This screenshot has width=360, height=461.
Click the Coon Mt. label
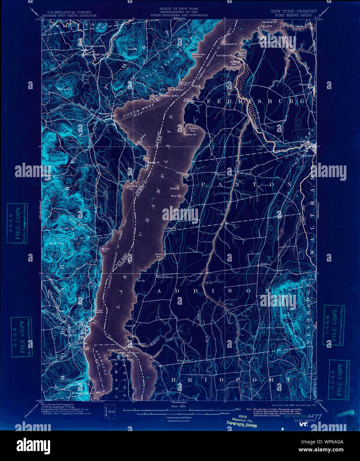coord(129,49)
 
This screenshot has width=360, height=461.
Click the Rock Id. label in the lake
coord(175,188)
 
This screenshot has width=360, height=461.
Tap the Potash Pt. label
coord(170,229)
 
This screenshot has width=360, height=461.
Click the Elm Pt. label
coord(141,280)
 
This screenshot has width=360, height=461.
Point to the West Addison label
coord(165,277)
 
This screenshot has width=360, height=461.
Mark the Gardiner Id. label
coord(269,22)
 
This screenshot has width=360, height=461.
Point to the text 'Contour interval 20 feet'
coord(179,417)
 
